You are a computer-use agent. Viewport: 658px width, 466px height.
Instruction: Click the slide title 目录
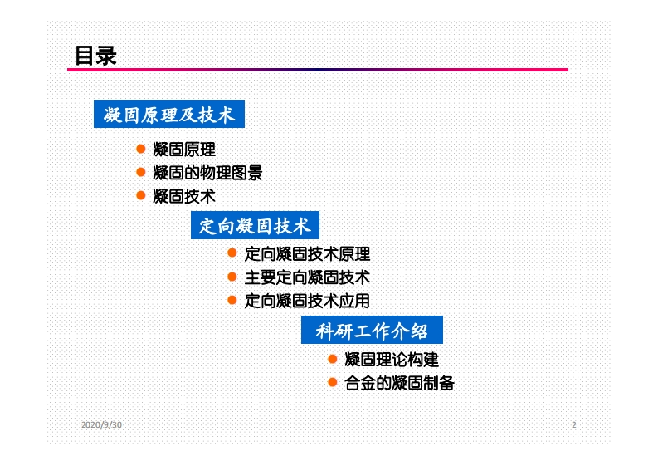pos(95,56)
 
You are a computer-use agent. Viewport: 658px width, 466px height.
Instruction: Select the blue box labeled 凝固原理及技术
pos(169,115)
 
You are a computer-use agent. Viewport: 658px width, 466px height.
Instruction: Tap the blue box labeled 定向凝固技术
pos(255,225)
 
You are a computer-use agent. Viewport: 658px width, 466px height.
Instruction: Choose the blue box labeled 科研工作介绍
pos(372,331)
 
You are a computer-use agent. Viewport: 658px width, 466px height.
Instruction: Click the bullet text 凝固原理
pos(184,150)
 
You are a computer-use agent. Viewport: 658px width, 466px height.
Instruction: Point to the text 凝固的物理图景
pos(208,173)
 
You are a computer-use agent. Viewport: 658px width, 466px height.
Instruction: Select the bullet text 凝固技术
pos(184,196)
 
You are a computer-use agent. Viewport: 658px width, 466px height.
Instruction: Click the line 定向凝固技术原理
pos(307,254)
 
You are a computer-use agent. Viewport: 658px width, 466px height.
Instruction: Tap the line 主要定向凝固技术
pos(307,277)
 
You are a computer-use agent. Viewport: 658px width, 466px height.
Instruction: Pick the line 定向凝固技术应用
pos(307,301)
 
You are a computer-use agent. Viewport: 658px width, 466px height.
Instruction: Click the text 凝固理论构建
pos(392,360)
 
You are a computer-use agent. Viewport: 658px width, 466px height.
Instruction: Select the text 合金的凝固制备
pos(399,383)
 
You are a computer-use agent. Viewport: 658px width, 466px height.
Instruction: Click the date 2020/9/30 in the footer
pos(101,425)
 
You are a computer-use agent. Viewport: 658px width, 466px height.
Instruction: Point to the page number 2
pos(573,425)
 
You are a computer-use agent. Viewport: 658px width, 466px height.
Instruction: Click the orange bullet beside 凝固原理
pos(141,150)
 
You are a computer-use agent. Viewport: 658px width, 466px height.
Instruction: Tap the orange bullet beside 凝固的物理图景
pos(141,172)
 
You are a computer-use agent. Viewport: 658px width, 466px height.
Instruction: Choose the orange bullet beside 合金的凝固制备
pos(332,382)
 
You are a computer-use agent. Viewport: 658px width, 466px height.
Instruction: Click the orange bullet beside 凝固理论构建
pos(332,359)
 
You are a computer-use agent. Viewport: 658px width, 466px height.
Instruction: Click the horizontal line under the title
pos(317,70)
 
